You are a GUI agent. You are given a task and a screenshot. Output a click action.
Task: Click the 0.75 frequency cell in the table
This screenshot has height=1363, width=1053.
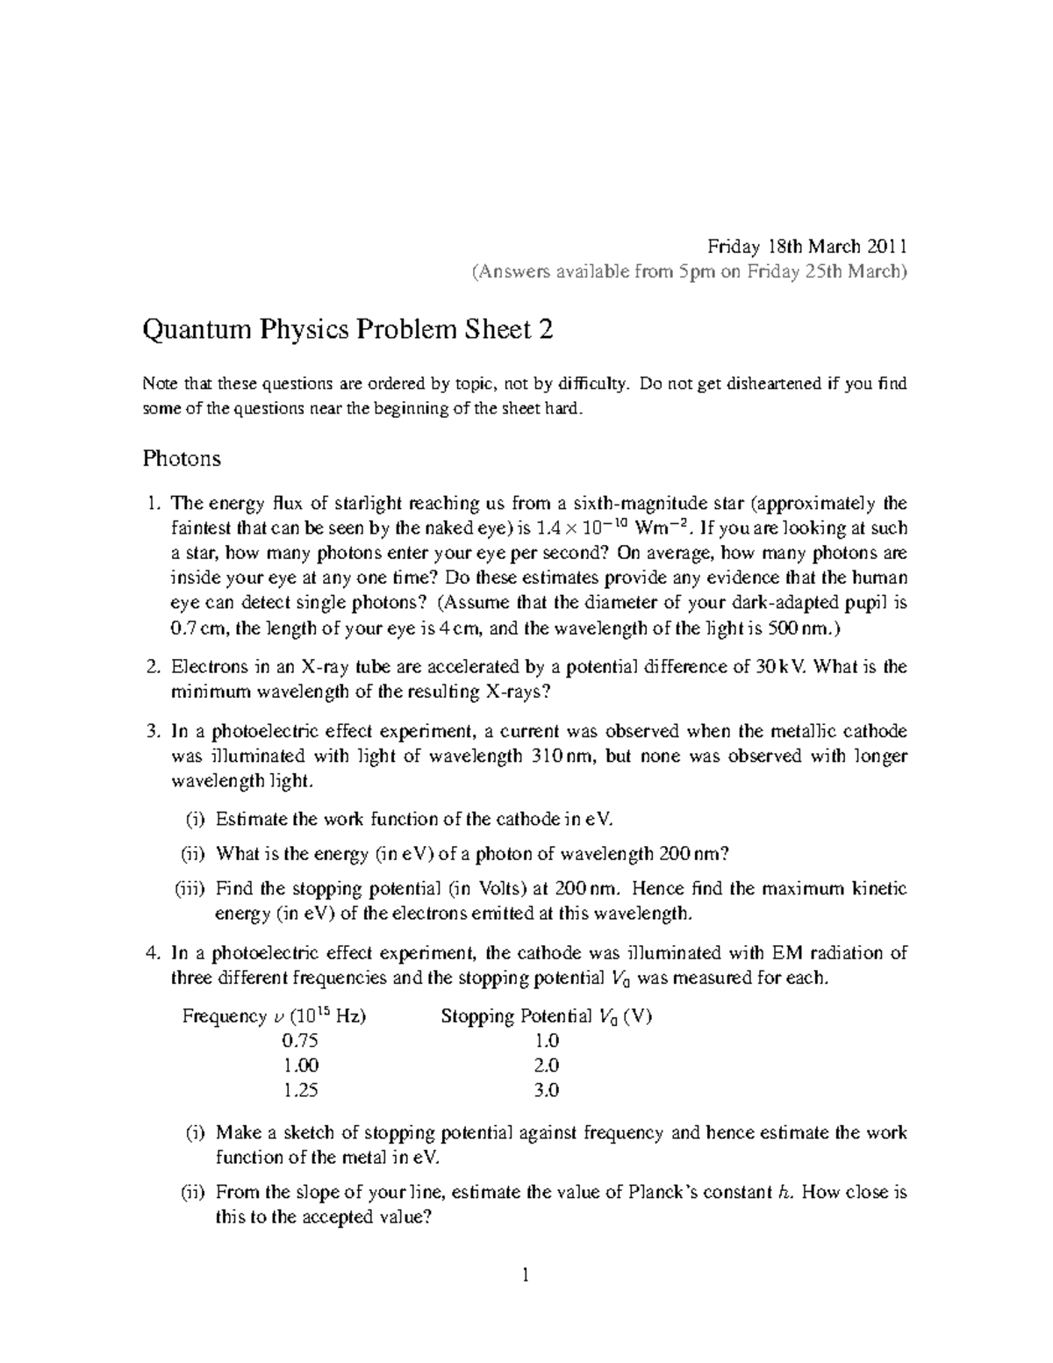click(300, 1041)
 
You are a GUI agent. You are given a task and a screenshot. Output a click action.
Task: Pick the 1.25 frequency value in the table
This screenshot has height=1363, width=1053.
click(300, 1090)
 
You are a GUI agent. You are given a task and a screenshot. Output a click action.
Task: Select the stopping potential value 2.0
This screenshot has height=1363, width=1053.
click(546, 1065)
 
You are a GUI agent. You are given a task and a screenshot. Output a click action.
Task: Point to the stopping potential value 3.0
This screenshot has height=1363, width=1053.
click(546, 1090)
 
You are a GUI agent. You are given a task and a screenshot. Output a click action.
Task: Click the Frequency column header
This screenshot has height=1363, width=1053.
click(274, 1016)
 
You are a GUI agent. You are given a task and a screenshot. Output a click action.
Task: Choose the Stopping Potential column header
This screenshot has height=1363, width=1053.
click(546, 1016)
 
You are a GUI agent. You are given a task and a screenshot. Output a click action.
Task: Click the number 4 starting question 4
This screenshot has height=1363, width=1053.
click(153, 953)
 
